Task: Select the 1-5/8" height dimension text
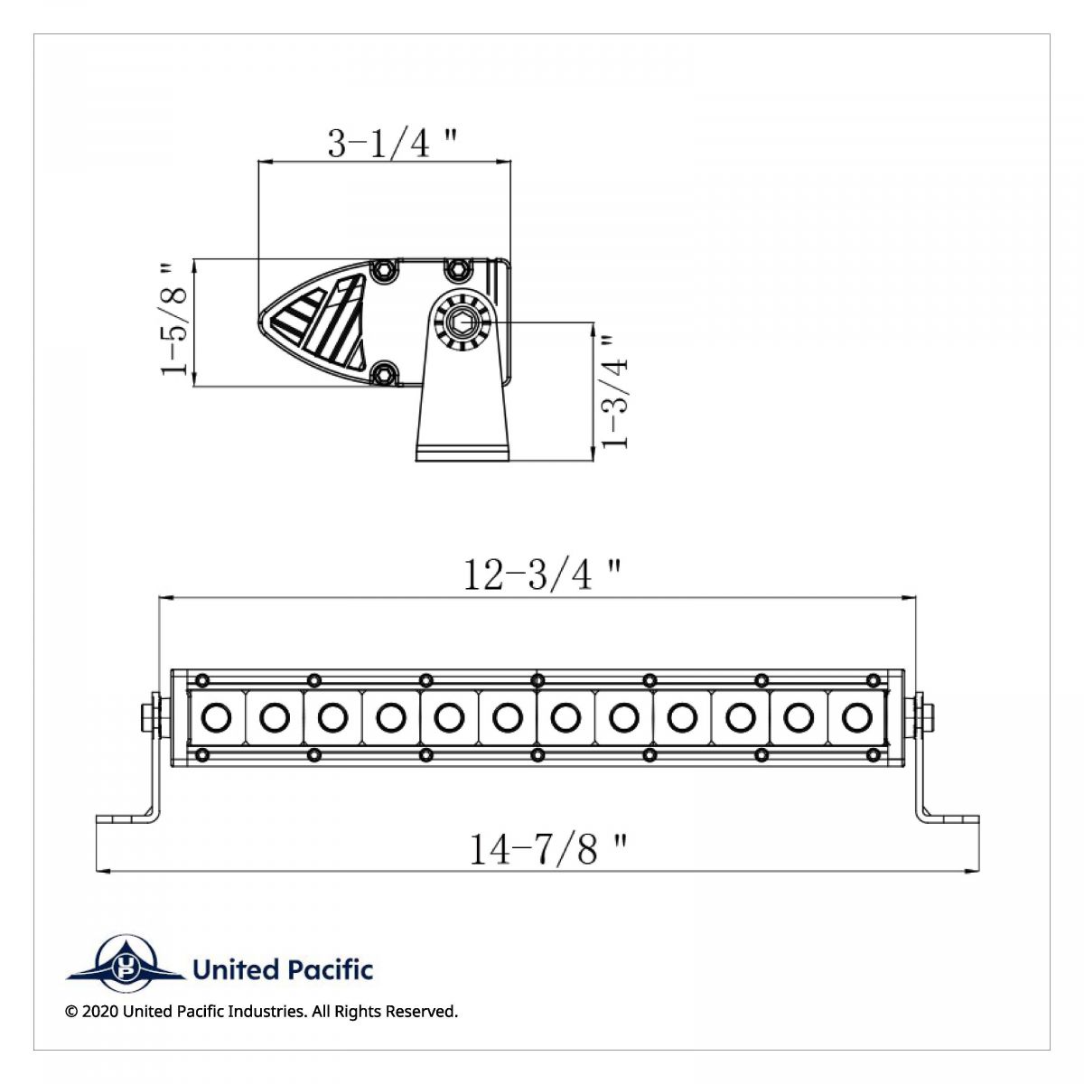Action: pos(174,319)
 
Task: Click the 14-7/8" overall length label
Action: pos(547,849)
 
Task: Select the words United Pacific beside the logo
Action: pos(283,970)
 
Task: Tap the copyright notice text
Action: pos(262,1012)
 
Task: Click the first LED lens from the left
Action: pos(216,718)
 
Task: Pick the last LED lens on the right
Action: pos(854,718)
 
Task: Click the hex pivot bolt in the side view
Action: pos(462,320)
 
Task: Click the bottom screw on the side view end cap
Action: pos(386,372)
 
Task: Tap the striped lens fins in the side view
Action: pos(321,321)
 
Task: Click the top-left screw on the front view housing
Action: pos(202,679)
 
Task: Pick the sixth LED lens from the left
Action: pos(508,718)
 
